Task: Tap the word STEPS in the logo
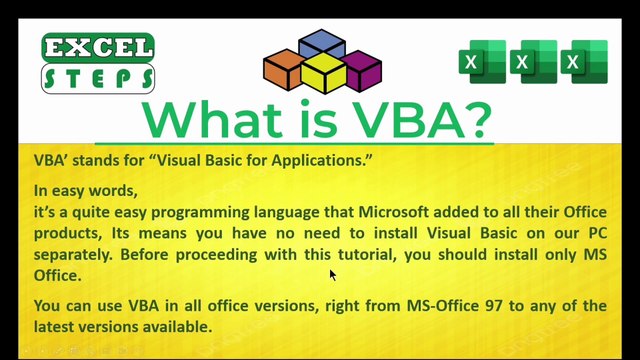click(98, 77)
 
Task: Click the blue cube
click(321, 46)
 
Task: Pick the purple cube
click(361, 69)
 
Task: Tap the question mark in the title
click(472, 119)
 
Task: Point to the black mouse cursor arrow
click(333, 275)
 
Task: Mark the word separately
click(77, 253)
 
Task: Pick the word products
click(69, 233)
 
